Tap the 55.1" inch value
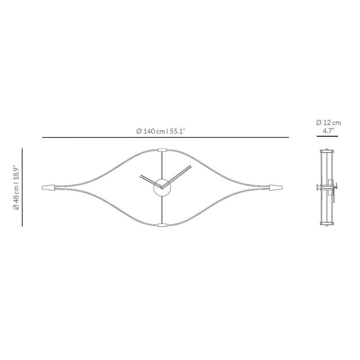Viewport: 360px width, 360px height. (177, 131)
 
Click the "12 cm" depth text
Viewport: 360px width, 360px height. (332, 122)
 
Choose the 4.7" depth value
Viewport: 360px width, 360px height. (328, 131)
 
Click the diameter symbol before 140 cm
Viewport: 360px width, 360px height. (139, 131)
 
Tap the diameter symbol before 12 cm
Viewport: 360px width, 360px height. (319, 122)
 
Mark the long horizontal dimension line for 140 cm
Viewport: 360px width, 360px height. (165, 138)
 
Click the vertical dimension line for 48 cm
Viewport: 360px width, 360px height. (22, 187)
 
